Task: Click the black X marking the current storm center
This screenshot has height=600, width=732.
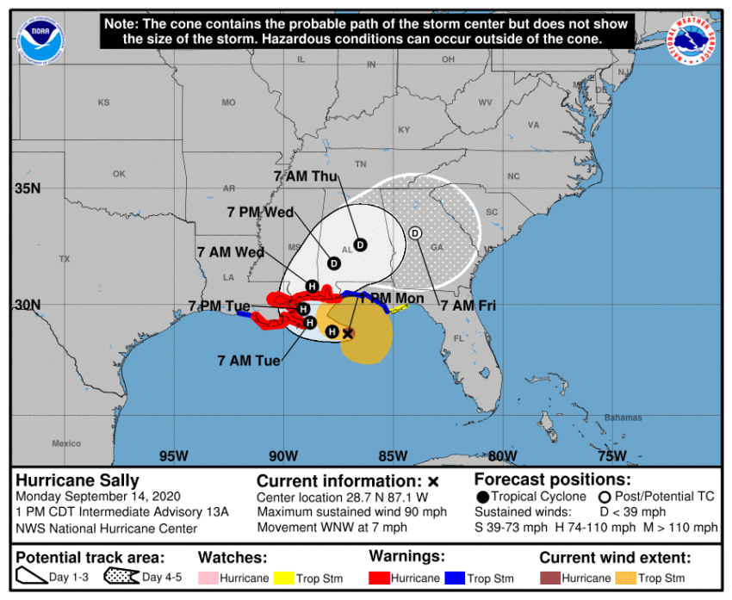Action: [348, 333]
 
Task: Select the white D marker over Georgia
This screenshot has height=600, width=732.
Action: [415, 233]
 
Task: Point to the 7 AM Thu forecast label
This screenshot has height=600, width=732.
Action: [305, 176]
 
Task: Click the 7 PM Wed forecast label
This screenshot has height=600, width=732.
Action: [260, 212]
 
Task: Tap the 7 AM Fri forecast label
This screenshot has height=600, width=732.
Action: [468, 305]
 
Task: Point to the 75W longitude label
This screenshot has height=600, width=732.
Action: [611, 455]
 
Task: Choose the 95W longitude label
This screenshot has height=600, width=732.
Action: [174, 455]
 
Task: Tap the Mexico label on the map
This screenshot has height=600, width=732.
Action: [66, 443]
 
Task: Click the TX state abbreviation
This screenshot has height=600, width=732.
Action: [64, 259]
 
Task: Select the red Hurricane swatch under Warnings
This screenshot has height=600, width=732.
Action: [379, 578]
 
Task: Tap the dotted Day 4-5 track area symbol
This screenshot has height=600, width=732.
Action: [121, 578]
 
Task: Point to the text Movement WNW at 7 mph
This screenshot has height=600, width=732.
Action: [332, 527]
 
